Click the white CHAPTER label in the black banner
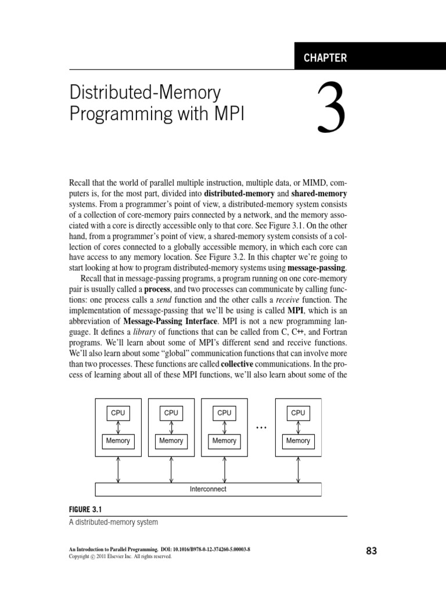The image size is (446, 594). pos(325,57)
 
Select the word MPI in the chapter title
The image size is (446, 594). pos(228,113)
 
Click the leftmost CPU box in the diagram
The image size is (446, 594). pos(118,412)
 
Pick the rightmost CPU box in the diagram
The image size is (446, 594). pos(298,412)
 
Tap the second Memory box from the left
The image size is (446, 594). pos(171,440)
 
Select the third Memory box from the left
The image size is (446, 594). pos(224,440)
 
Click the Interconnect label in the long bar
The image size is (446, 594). pos(208,489)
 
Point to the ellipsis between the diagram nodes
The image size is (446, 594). pos(261,428)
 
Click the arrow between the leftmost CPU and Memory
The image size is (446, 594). pos(118,426)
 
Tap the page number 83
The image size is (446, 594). pos(372,551)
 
